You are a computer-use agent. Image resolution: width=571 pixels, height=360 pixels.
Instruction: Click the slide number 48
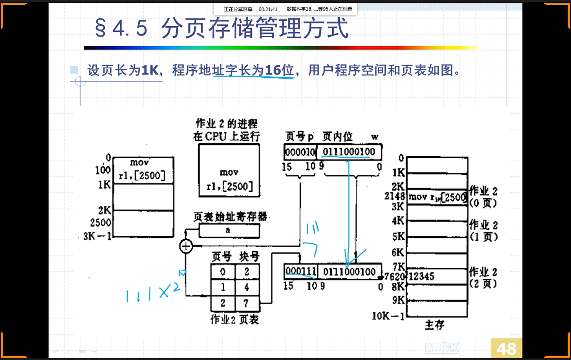pos(506,348)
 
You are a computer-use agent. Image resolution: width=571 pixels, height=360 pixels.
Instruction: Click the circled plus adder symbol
pos(186,246)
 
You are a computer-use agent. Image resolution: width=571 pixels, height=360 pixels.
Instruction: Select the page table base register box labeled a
pos(229,230)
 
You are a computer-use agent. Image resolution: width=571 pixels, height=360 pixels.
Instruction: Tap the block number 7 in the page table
pos(247,303)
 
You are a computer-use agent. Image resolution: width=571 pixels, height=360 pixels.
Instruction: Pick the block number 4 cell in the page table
pos(247,287)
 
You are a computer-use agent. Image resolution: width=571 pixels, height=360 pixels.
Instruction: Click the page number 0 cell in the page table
pos(223,272)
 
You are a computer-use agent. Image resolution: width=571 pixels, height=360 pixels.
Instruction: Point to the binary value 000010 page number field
pos(300,152)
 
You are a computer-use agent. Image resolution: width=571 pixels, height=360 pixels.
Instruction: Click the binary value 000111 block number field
pos(301,271)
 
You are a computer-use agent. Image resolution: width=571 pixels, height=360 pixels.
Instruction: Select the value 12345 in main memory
pos(421,276)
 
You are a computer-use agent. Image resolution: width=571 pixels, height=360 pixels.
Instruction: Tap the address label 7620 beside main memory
pos(394,276)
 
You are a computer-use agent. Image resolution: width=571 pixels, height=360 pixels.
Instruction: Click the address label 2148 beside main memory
pos(394,196)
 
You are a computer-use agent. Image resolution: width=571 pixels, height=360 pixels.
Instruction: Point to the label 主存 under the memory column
pos(435,325)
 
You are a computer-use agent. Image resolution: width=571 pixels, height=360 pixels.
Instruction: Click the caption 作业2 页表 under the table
pos(234,320)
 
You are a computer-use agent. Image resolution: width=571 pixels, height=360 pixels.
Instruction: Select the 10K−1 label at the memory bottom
pos(388,316)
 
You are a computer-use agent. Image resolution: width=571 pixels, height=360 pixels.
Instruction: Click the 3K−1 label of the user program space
pos(97,236)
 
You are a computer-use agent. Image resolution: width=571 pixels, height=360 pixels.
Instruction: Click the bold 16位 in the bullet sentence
pos(279,70)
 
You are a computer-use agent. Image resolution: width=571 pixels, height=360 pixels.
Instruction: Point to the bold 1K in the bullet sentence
pos(150,70)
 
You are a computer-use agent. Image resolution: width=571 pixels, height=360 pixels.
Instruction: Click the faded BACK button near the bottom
pos(442,347)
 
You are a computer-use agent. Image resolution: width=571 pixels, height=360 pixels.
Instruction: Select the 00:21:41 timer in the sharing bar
pos(268,9)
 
